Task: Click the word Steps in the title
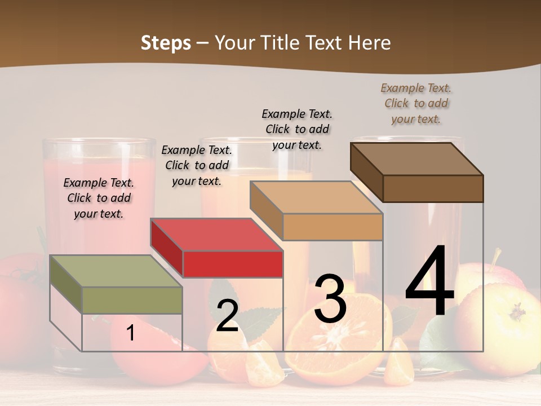click(166, 43)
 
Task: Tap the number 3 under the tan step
click(330, 299)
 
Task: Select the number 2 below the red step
click(227, 316)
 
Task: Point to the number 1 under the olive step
click(131, 333)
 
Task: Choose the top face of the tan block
click(316, 197)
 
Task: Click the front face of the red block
click(233, 264)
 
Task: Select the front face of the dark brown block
click(433, 188)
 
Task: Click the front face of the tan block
click(332, 227)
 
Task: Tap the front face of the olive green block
click(132, 300)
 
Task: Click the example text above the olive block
click(99, 198)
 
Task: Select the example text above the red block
click(196, 165)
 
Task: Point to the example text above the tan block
click(297, 129)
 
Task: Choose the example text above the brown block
click(416, 103)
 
